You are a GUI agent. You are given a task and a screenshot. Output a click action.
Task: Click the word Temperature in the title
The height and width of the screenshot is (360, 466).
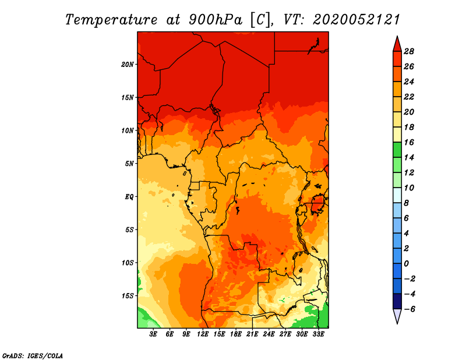111,20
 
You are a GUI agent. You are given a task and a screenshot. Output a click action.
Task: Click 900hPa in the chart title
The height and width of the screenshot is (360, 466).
215,20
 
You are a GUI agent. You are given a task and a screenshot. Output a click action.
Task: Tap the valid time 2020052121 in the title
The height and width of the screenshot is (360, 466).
356,20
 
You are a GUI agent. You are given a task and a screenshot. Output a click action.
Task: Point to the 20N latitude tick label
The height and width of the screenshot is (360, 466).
128,65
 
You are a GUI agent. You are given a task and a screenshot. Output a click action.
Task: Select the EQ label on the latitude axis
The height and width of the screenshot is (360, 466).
129,197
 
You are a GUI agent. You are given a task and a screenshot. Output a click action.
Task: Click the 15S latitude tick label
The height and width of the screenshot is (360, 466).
128,296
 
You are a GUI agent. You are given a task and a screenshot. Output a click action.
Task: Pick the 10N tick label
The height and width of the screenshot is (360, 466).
128,130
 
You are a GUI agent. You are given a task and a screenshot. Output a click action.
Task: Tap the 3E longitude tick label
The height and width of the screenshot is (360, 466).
153,334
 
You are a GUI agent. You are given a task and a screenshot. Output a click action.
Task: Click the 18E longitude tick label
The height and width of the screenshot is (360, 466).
236,334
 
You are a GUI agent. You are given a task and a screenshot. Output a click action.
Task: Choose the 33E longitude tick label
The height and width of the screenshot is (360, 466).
318,334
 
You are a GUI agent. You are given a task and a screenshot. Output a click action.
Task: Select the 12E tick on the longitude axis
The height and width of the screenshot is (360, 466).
203,334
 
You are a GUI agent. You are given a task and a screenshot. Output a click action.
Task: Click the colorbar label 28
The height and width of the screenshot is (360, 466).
409,51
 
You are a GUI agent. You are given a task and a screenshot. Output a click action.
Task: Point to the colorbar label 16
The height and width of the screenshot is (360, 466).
409,142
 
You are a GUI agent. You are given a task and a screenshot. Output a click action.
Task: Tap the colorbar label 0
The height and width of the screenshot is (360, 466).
406,264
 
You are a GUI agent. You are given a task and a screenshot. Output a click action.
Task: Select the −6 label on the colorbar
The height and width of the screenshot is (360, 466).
409,309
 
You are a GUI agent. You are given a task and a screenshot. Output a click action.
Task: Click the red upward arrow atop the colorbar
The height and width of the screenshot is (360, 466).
397,45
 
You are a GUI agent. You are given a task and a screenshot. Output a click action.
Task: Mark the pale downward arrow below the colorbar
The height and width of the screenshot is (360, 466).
397,316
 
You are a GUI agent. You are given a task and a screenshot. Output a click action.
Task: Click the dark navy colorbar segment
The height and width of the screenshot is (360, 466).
397,301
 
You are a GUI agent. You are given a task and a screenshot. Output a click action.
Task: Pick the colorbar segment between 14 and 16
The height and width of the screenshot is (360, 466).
397,150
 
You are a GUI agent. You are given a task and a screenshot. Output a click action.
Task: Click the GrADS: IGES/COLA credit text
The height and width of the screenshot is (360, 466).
33,356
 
